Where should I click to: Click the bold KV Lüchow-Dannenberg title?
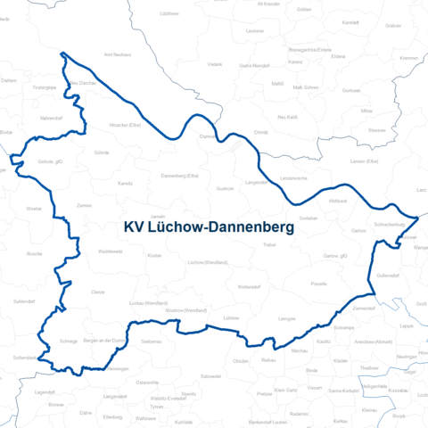tap(210, 228)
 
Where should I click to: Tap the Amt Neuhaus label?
tap(118, 53)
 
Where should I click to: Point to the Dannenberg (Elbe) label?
tap(179, 176)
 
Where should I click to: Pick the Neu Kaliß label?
tap(287, 117)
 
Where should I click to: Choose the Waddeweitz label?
tap(110, 251)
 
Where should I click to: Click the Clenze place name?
tap(98, 292)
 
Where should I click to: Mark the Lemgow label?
tap(287, 318)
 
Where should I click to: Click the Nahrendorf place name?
tap(51, 116)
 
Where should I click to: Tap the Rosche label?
tap(35, 253)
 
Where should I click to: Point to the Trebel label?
tap(270, 243)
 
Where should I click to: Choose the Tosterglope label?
tap(45, 89)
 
